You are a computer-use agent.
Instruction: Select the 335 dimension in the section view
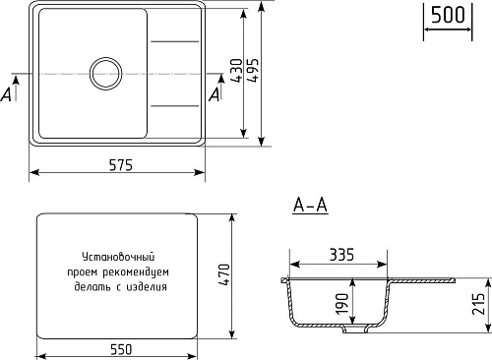341,255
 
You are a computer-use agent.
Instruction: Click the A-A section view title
310,206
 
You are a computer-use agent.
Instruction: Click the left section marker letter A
9,93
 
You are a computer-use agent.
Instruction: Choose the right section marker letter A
215,93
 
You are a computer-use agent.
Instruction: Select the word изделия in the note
147,287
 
